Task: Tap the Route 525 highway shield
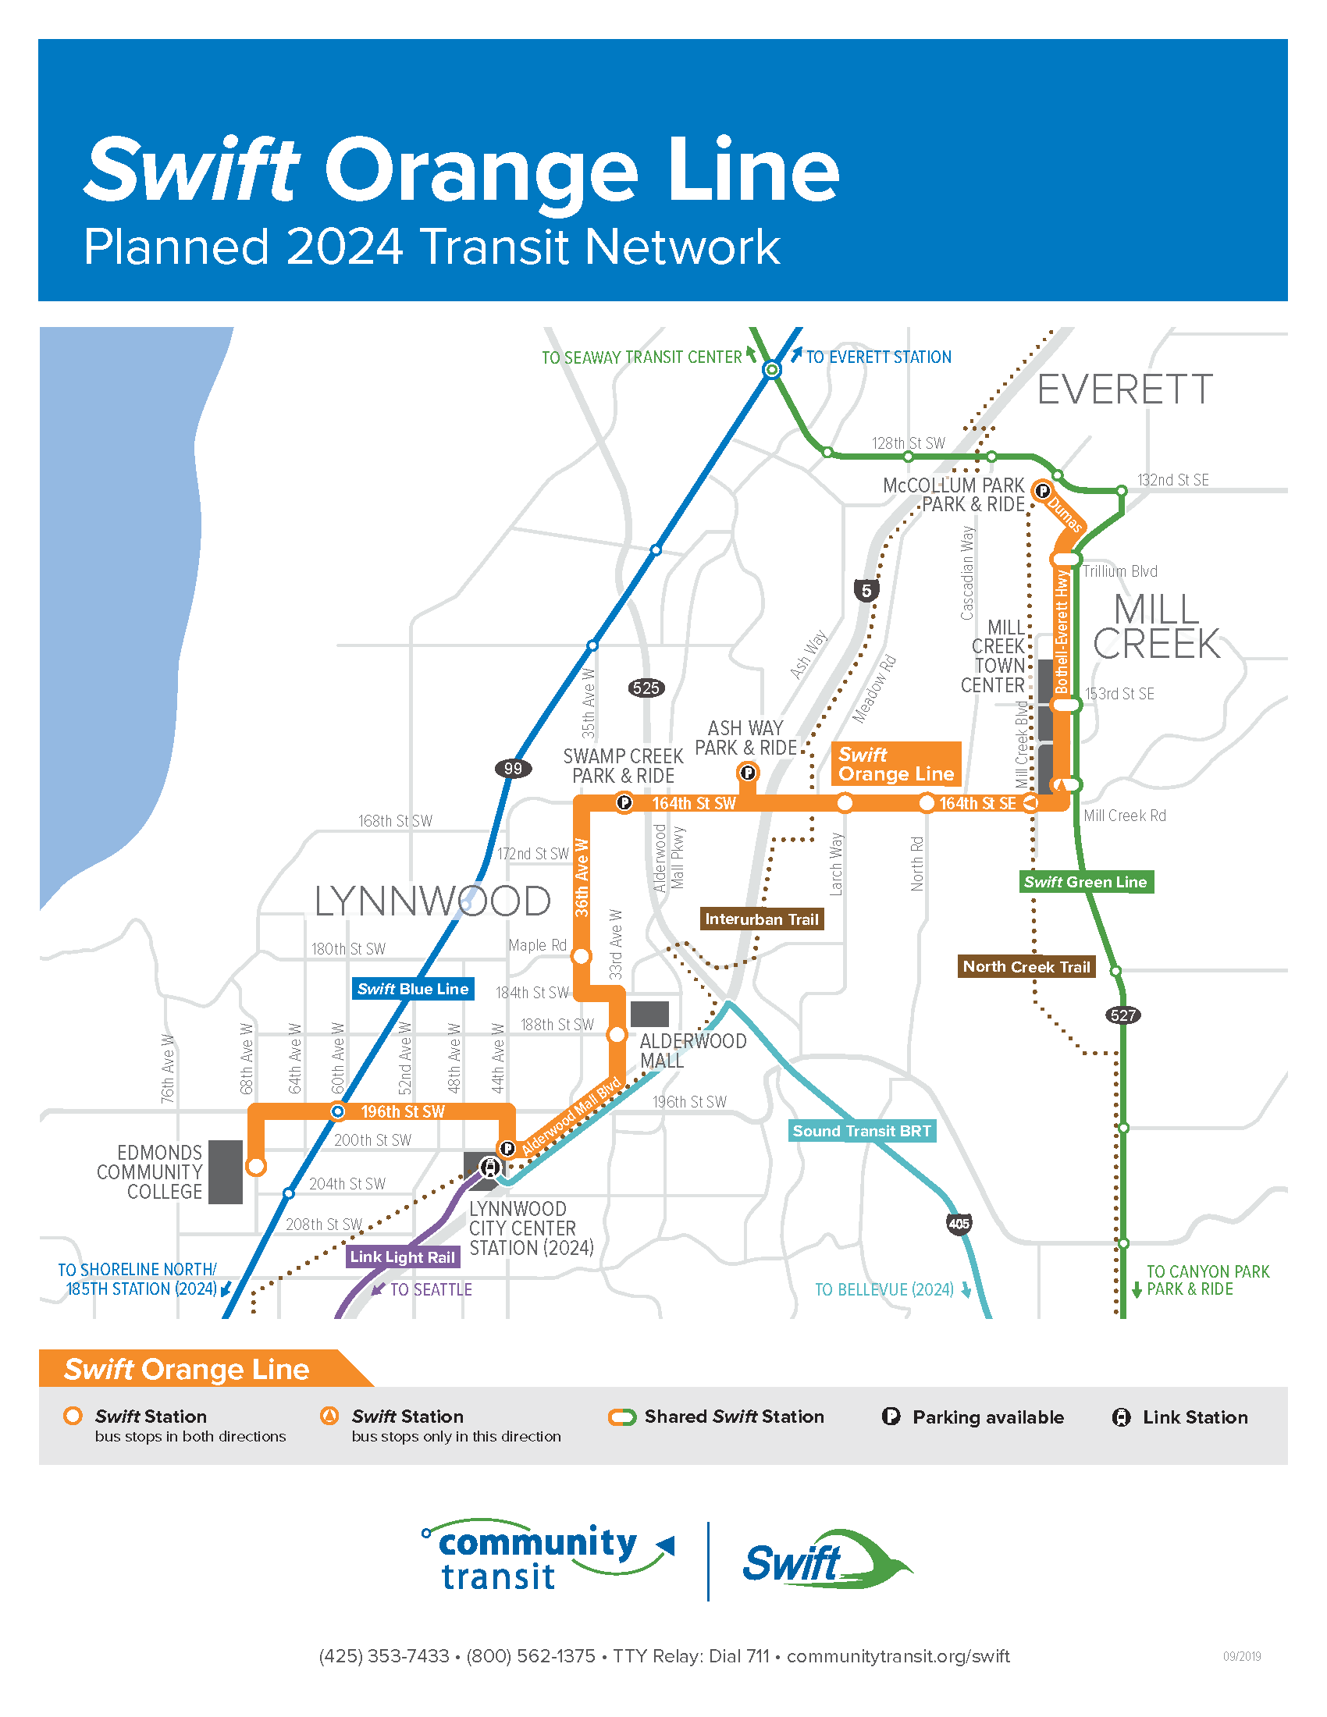[x=646, y=688]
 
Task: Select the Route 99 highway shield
[x=513, y=768]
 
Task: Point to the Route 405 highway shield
[x=959, y=1224]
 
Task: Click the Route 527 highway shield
[x=1122, y=1015]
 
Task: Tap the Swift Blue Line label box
[x=413, y=989]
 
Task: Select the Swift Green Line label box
[x=1086, y=882]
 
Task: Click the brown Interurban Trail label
[x=762, y=919]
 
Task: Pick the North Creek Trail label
[x=1026, y=967]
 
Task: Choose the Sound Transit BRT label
[x=862, y=1131]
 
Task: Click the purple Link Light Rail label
[x=403, y=1257]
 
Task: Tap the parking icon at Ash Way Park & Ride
[x=748, y=773]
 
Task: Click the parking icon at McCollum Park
[x=1042, y=491]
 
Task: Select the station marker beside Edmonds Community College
[x=255, y=1166]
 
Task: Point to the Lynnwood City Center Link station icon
[x=490, y=1168]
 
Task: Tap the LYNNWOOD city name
[x=432, y=901]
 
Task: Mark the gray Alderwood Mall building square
[x=649, y=1014]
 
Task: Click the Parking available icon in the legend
[x=891, y=1417]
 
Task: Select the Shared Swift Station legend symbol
[x=622, y=1417]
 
